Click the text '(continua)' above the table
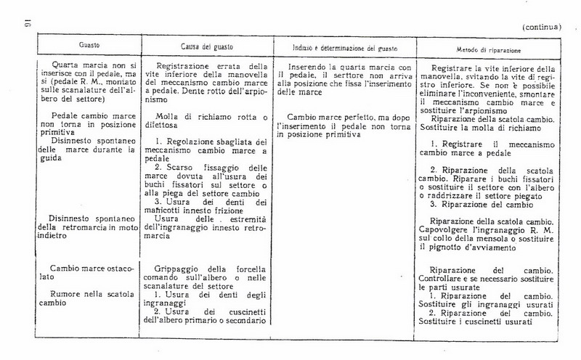[543, 28]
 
